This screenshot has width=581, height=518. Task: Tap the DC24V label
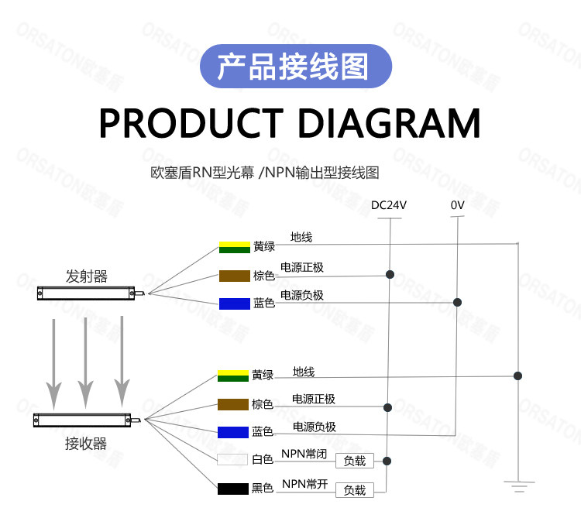388,206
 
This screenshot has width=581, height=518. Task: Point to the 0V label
457,206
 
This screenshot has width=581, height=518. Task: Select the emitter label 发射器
86,276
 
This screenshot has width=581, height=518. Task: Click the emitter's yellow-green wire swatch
235,247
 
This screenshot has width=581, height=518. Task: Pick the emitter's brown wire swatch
235,276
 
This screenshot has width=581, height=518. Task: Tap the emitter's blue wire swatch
235,304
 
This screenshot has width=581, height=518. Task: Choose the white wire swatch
233,459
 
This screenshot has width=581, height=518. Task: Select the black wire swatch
233,489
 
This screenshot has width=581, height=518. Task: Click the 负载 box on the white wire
355,461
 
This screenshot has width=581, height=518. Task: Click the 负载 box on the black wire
355,490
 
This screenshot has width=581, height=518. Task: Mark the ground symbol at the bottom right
518,486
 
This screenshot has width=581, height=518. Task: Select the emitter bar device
88,293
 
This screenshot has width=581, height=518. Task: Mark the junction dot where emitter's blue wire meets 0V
458,302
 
